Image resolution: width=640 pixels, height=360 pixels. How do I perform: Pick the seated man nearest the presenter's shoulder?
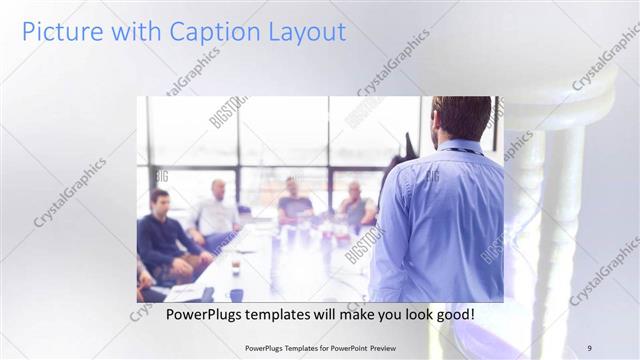click(355, 205)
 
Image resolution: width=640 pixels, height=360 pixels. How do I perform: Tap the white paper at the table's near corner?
click(185, 291)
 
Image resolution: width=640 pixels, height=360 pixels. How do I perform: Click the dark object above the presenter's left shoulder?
click(406, 150)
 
